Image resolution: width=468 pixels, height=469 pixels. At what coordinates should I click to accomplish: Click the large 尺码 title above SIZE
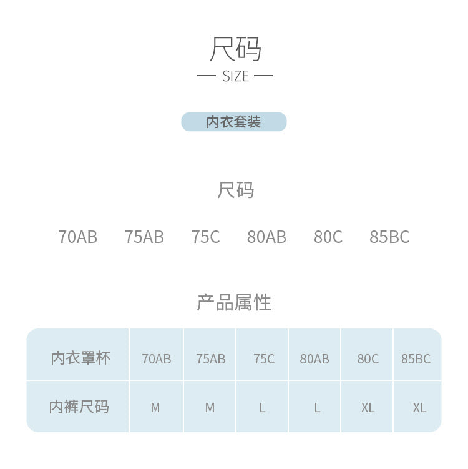pos(235,49)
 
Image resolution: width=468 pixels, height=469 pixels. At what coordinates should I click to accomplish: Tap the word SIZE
pos(235,76)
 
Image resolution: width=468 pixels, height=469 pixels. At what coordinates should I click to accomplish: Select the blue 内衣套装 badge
pos(234,122)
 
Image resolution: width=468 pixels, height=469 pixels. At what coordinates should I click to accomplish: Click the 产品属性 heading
pos(234,302)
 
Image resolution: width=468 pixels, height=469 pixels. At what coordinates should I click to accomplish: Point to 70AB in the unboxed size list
pos(78,237)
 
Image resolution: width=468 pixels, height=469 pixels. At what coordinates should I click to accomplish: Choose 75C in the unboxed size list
pos(206,237)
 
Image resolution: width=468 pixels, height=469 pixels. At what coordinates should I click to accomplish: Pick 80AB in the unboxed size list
pos(266,237)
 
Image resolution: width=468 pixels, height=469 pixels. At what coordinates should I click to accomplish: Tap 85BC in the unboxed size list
pos(389,237)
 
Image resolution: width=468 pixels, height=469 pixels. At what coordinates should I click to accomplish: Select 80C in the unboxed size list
pos(328,237)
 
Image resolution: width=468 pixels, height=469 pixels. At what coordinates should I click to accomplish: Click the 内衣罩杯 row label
pos(80,358)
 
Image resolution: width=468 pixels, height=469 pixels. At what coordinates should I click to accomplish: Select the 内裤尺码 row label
pos(79,407)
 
